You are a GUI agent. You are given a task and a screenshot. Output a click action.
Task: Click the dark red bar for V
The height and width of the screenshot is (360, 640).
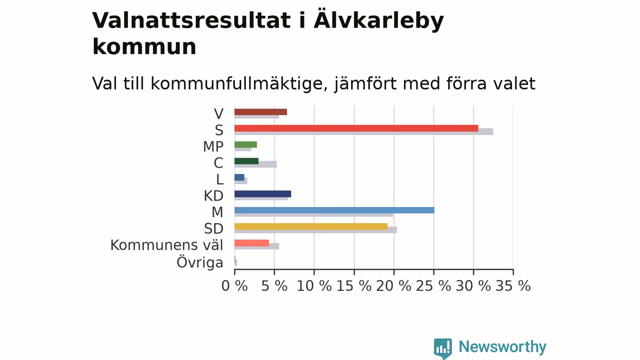pos(260,112)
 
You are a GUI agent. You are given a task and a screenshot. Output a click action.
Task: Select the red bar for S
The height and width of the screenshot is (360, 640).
pos(356,128)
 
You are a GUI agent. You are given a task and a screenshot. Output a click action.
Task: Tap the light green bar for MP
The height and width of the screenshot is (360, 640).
pos(245,144)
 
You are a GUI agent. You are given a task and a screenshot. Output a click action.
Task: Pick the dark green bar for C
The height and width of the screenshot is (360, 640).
pos(246,161)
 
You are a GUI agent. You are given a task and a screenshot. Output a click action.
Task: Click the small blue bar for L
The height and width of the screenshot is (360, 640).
pos(239,177)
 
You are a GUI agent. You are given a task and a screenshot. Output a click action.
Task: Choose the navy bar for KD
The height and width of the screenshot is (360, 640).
pos(263,194)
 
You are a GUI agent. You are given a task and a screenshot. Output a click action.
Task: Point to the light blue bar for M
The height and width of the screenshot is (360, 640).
pos(334,210)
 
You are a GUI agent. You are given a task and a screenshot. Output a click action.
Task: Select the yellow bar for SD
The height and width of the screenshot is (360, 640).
pos(311,226)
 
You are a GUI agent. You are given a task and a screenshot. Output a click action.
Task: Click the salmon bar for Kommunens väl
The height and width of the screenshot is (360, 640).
pos(251,243)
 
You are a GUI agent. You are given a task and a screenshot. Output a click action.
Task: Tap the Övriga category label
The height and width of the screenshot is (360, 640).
pos(199,262)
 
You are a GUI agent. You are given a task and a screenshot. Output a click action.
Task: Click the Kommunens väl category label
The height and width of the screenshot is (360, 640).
pos(166,245)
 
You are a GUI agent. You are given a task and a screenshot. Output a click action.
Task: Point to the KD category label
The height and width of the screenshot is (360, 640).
pos(213,196)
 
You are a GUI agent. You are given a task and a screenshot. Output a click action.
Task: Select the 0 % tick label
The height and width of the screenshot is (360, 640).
pos(234,286)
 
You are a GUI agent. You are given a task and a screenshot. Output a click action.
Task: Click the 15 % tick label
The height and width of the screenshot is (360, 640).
pos(354,286)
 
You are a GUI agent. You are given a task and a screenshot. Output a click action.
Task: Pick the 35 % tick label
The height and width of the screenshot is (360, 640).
pos(513,286)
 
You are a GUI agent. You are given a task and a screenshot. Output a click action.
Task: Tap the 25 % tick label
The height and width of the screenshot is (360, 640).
pos(433,286)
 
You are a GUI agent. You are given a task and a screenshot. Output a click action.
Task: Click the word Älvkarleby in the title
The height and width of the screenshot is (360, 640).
pos(379,21)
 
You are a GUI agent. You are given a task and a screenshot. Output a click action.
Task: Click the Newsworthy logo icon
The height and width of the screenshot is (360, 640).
pos(443,348)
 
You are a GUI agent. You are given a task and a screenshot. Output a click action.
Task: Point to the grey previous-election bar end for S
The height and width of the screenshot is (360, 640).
pos(493,131)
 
